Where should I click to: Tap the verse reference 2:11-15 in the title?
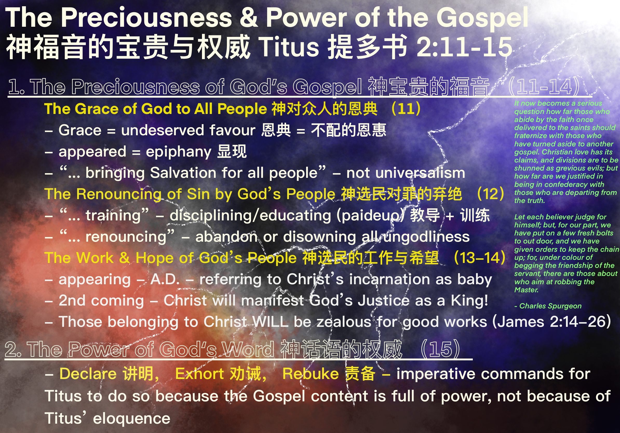[x=464, y=47]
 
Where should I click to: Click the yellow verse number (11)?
[x=406, y=109]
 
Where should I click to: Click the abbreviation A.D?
[x=165, y=279]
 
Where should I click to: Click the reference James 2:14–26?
[x=551, y=322]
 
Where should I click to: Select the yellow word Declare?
[x=88, y=374]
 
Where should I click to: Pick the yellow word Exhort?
[x=200, y=374]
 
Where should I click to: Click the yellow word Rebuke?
[x=311, y=374]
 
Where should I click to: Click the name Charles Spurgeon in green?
[x=550, y=306]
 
